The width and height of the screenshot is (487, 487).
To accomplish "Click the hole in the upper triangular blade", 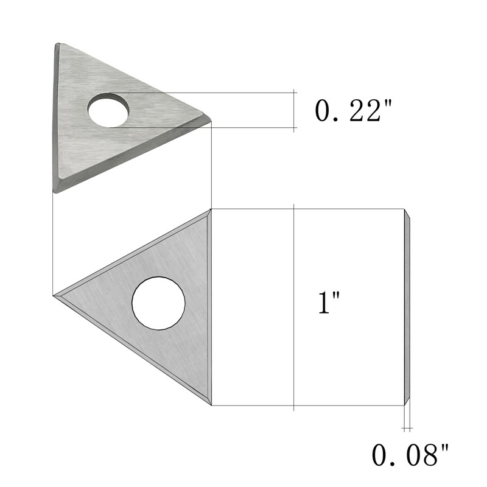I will (x=108, y=110).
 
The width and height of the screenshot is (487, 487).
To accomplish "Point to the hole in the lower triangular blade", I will (x=158, y=303).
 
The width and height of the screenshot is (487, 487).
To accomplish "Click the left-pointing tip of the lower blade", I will (x=57, y=296).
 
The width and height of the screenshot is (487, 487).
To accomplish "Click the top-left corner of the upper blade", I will (x=58, y=45).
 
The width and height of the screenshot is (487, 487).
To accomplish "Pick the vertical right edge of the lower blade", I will (x=209, y=307).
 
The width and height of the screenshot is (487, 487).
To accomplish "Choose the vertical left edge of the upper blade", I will (x=55, y=116).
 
